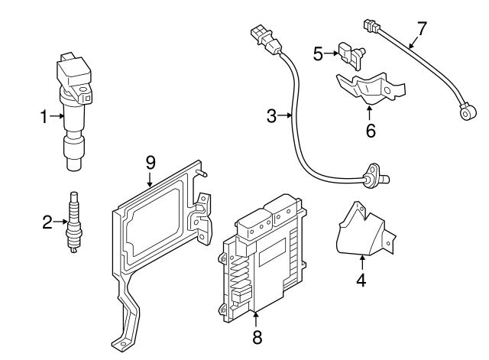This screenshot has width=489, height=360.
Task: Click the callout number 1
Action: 44,117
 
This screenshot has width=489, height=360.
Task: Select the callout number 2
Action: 47,222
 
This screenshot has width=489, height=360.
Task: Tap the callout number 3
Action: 272,116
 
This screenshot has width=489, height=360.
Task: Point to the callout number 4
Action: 361,280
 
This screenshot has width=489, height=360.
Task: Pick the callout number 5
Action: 319,53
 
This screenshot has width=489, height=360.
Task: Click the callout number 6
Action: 371,131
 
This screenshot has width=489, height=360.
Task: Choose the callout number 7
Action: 421,30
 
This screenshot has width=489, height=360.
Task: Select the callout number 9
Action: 151,161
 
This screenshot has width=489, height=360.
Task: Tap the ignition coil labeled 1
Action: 74,107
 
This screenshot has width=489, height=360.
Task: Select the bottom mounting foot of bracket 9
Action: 122,340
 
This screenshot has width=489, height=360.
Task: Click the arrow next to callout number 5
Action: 332,53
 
